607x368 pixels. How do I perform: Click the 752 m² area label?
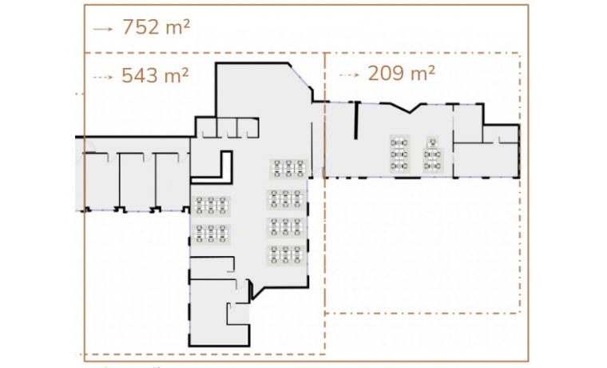pos(156,27)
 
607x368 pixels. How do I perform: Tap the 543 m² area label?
pos(155,76)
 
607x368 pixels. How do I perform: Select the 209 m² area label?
pos(401,74)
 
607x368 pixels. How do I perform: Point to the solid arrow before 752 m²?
pos(104,28)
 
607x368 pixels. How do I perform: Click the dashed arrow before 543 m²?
pos(104,77)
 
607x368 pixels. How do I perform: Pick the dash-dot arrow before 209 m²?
pos(350,74)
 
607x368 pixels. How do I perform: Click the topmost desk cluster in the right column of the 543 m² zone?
pos(288,169)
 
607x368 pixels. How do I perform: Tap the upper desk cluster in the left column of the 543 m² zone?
pos(211,206)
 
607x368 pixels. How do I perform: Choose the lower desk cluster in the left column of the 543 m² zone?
pos(211,234)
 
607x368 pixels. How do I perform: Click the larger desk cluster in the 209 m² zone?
pos(400,153)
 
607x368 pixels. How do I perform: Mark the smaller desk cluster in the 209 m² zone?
pos(433,154)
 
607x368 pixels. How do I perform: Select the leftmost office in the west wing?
pos(101,181)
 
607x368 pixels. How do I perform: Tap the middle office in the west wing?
pos(137,181)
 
